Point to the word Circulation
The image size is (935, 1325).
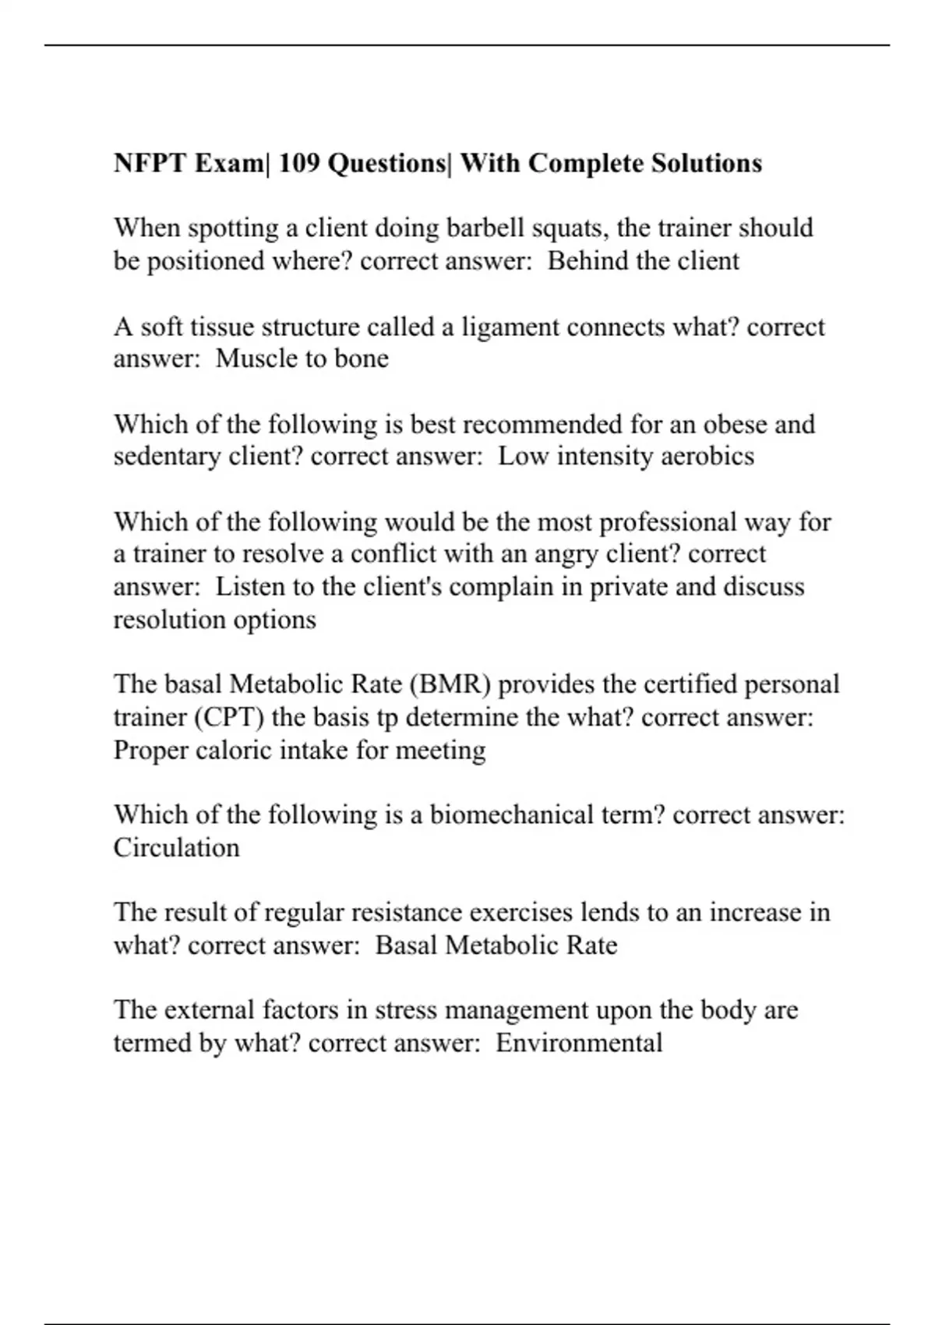pos(176,848)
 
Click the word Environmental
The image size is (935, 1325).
pos(579,1043)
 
